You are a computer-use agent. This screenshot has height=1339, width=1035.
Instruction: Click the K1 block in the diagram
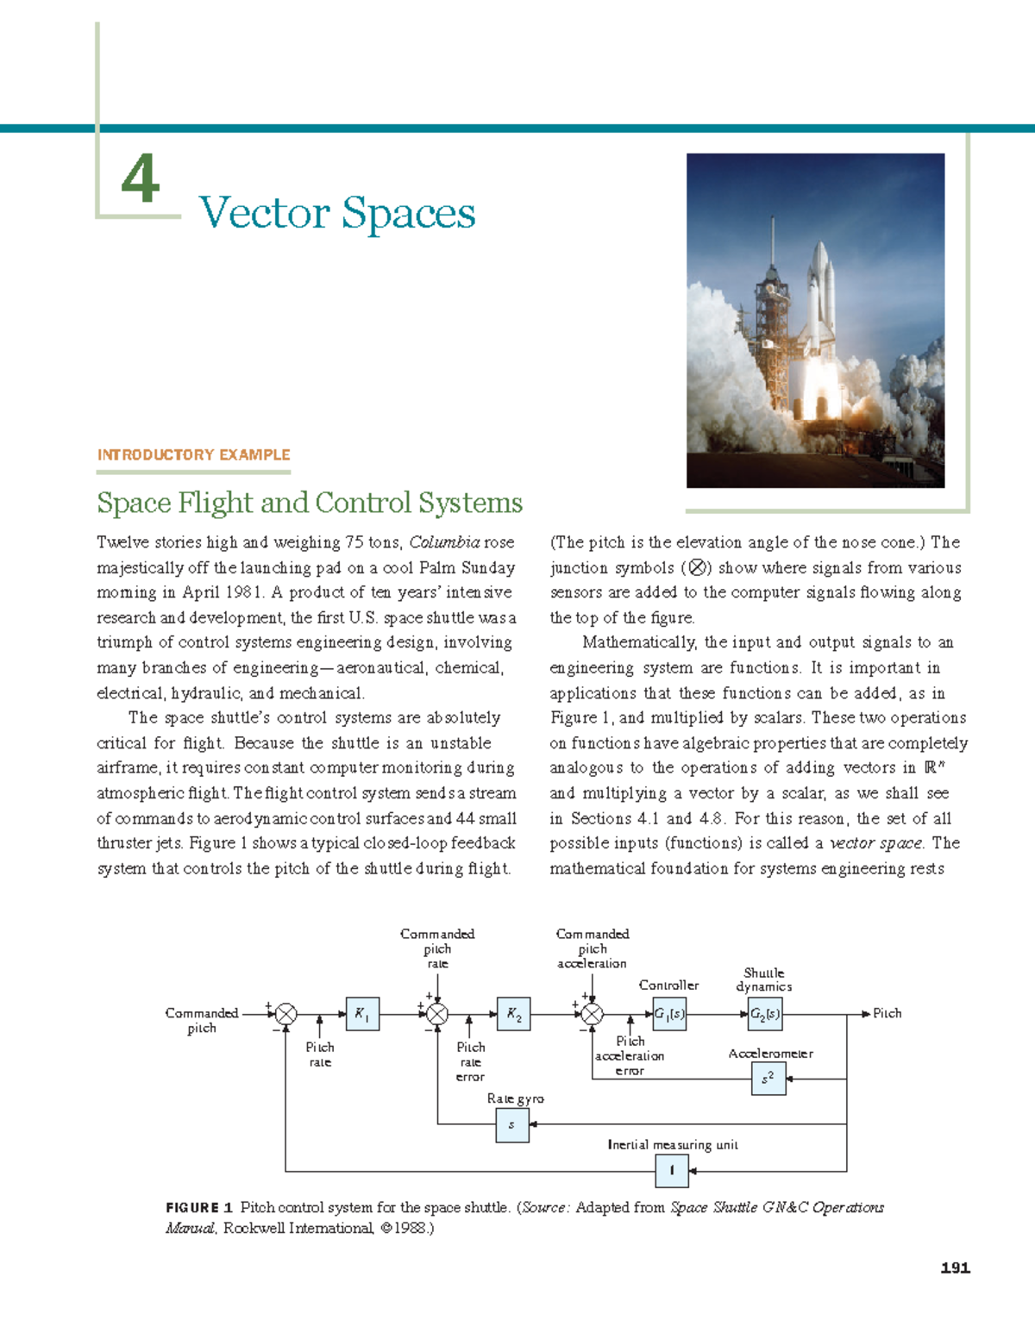tap(362, 1014)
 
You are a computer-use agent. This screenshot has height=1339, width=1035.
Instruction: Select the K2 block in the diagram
tap(514, 1015)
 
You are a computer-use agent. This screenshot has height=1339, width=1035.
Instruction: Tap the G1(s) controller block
tap(669, 1014)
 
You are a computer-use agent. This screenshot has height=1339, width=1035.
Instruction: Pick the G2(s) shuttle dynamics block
tap(765, 1014)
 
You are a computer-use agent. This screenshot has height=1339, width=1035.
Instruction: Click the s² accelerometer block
tap(768, 1079)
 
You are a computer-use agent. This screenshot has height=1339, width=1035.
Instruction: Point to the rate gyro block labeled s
tap(512, 1125)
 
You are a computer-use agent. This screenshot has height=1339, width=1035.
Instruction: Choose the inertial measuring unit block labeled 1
tap(672, 1171)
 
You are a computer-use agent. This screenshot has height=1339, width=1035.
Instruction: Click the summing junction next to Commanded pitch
tap(285, 1015)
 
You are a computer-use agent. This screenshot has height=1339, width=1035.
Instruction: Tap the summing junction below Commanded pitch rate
tap(437, 1015)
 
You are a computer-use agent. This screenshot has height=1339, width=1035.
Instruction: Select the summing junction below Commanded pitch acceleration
tap(593, 1015)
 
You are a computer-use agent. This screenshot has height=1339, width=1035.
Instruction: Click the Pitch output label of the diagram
tap(887, 1014)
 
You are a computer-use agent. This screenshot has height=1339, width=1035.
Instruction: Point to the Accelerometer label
tap(770, 1054)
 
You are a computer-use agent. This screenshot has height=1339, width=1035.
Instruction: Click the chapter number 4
tap(141, 179)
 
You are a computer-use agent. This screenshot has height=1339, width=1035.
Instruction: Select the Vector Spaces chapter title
tap(337, 213)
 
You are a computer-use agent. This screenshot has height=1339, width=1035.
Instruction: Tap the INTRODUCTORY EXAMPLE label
tap(193, 454)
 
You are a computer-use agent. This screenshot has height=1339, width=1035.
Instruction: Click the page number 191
tap(955, 1267)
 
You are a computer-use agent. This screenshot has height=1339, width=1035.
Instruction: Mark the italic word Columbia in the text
tap(444, 542)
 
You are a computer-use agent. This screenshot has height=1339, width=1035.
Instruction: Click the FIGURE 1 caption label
tap(199, 1208)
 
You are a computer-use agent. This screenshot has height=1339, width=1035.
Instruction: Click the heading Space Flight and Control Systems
tap(310, 503)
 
